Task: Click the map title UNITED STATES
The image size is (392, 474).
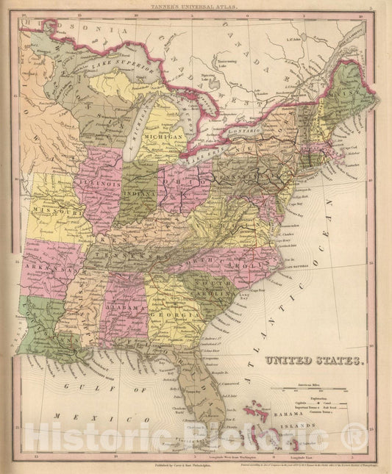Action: tap(312, 362)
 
